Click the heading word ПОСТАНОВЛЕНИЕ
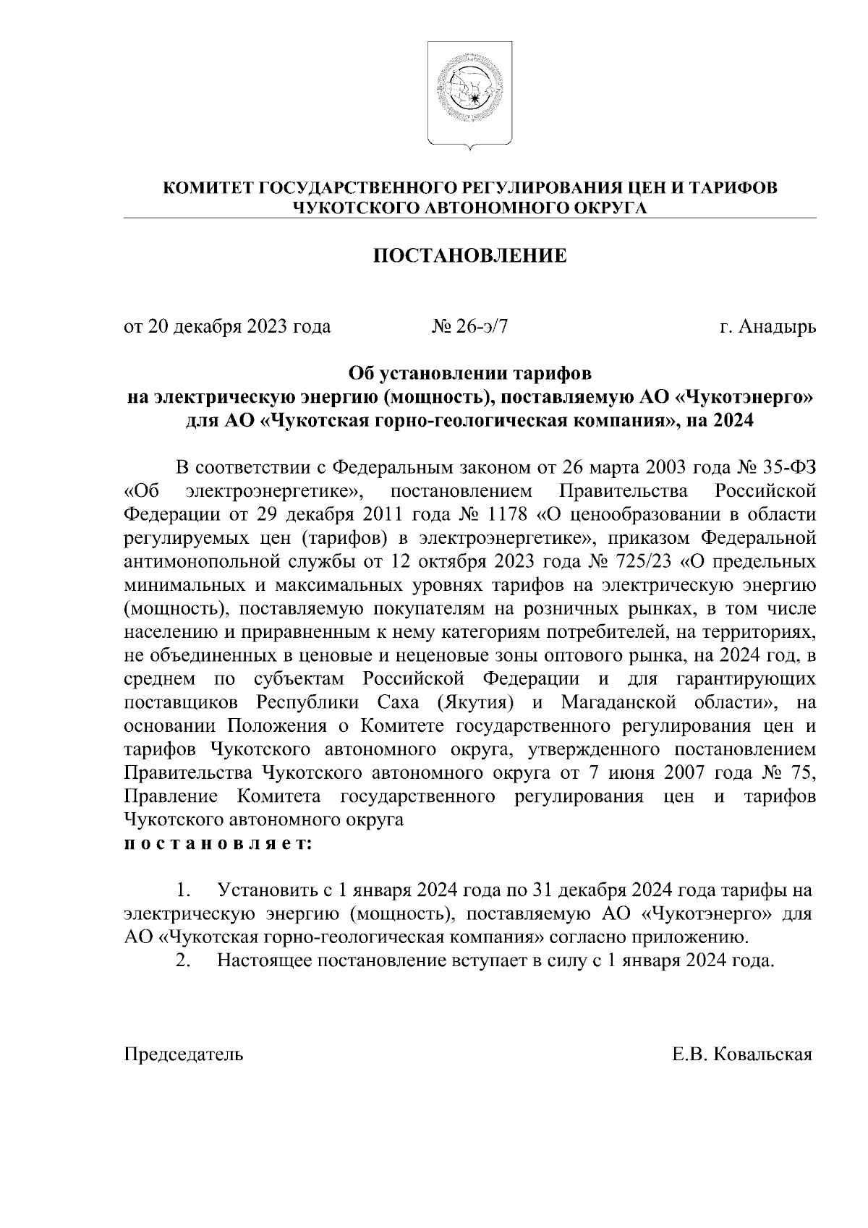470,256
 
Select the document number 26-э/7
482,327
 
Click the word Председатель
184,1054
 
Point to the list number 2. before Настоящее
184,961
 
